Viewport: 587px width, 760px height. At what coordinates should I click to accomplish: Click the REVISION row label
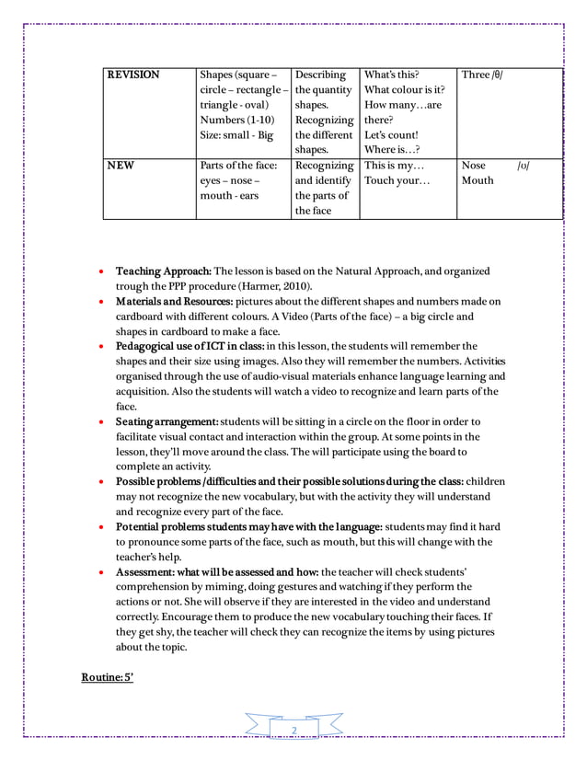coord(133,75)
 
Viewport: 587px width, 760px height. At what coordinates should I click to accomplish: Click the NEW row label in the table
coord(120,166)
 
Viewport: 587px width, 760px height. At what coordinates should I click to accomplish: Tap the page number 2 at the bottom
coord(294,731)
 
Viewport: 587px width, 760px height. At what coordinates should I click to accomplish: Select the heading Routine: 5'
coord(108,678)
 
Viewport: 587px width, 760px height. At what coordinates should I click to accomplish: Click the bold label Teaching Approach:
coord(164,271)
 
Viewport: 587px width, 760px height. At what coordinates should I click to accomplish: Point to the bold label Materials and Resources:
coord(174,302)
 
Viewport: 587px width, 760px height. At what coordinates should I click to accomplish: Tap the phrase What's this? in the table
coord(392,75)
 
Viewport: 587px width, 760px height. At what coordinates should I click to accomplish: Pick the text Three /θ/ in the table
coord(482,75)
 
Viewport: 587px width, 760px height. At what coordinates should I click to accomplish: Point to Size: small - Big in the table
coord(236,135)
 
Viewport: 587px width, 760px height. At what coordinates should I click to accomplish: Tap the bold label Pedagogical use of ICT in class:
coord(190,347)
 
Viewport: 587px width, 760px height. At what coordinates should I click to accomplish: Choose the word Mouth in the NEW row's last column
coord(478,180)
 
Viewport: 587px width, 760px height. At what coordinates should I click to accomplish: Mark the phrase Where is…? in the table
coord(392,150)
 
